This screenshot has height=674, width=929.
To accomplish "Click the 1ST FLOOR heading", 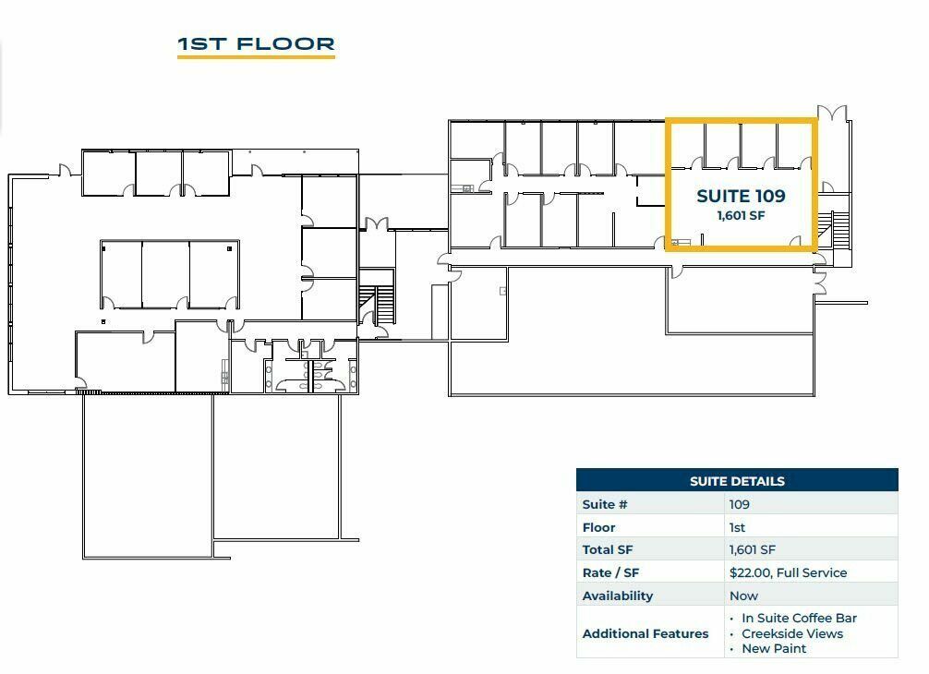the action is [x=256, y=43].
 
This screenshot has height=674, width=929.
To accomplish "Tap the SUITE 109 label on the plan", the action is [x=741, y=196].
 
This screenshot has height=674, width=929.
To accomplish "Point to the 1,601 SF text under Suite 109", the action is [x=741, y=215].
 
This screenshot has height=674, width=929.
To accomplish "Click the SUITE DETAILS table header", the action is [x=737, y=481].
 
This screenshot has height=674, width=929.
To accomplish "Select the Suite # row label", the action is [x=604, y=505].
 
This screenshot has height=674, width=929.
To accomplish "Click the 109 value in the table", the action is [x=740, y=505].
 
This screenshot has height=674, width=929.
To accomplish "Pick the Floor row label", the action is [x=598, y=527].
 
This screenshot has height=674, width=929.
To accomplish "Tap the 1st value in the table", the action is [x=737, y=527].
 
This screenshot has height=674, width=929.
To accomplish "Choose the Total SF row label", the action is [x=608, y=549].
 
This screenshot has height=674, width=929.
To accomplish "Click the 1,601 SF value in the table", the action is [x=752, y=549].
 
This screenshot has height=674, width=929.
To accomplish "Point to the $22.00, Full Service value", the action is [x=788, y=572].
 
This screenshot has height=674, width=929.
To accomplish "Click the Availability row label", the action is [x=618, y=596].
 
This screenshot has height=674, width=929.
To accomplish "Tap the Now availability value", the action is [x=743, y=596].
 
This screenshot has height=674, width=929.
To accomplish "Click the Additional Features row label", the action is [x=645, y=633].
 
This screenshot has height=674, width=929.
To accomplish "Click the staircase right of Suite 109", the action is [x=837, y=230].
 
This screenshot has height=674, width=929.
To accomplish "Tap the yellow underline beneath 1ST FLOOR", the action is [x=256, y=57].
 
